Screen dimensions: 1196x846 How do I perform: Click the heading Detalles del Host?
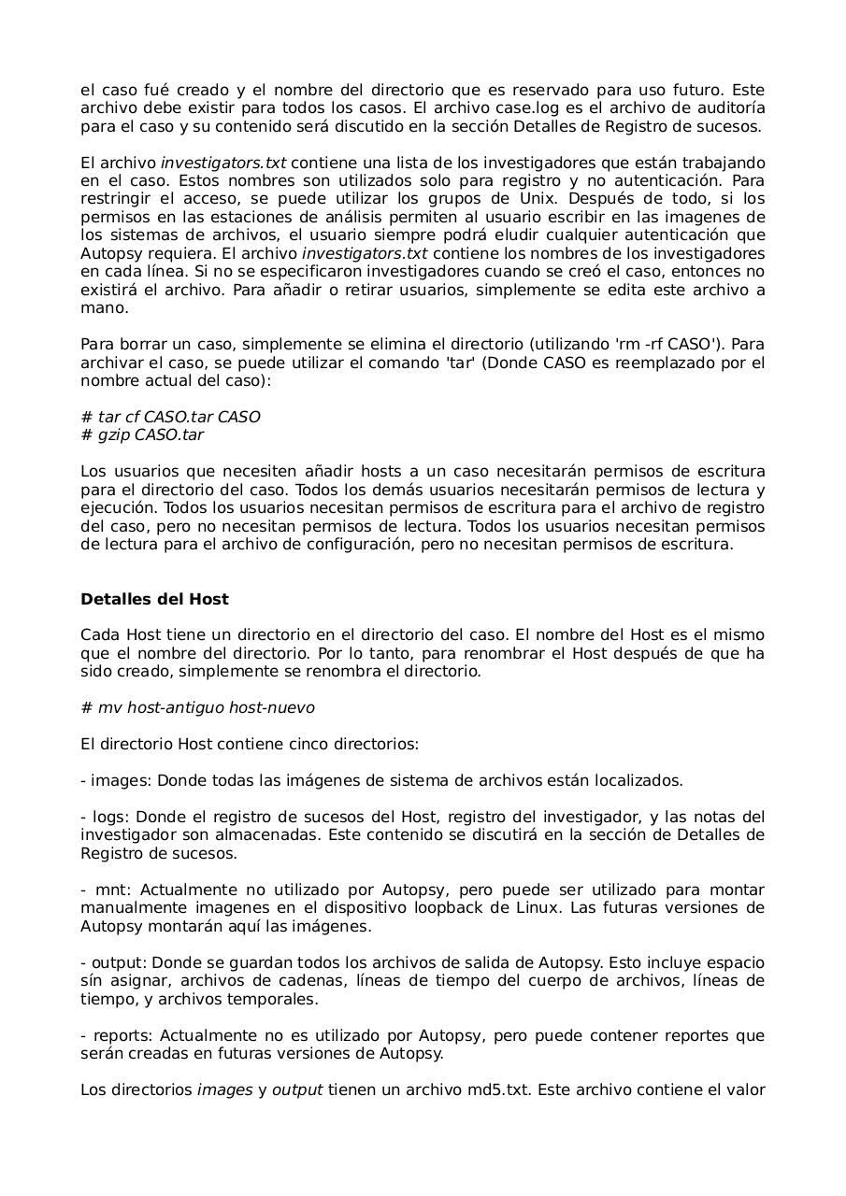pos(154,599)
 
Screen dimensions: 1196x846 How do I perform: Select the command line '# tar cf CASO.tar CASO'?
pos(170,417)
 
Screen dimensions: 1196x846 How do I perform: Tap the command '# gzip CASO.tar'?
pos(142,434)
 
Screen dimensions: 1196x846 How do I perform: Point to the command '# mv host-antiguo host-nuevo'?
pos(197,708)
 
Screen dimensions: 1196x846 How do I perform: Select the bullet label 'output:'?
pos(119,963)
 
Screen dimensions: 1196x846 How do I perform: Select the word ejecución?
pos(119,507)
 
